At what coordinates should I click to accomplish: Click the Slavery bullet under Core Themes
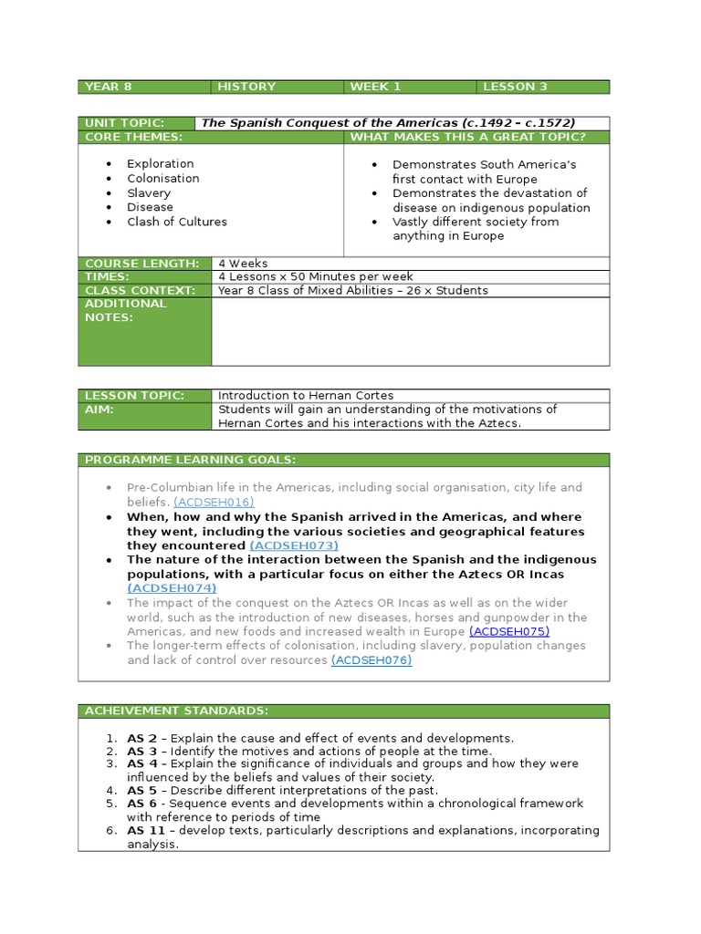point(149,192)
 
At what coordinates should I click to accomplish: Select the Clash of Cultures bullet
point(177,222)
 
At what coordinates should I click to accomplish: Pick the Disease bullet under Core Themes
point(150,207)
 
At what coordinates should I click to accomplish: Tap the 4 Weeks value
point(243,264)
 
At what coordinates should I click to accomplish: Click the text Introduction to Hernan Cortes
point(306,396)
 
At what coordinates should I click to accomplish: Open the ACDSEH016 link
point(214,502)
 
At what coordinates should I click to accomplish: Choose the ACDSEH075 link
point(509,631)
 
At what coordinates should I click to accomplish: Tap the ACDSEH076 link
point(371,659)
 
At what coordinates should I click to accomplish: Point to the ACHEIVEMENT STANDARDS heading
point(176,711)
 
